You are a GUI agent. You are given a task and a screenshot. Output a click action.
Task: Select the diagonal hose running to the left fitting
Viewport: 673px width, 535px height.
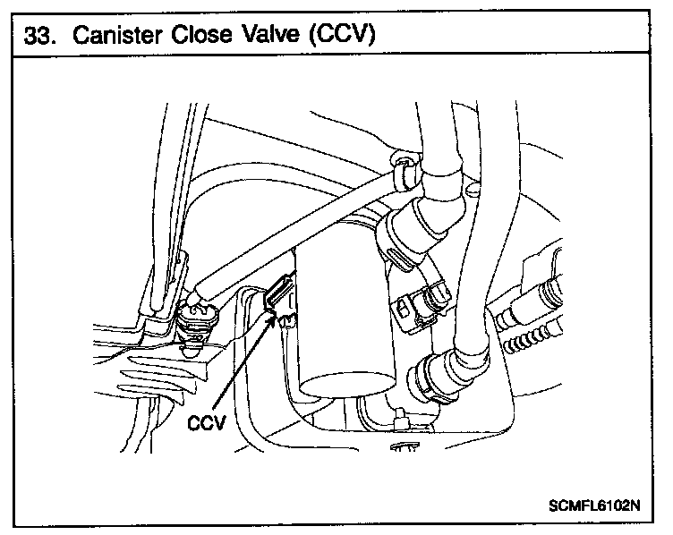pyautogui.click(x=295, y=232)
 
